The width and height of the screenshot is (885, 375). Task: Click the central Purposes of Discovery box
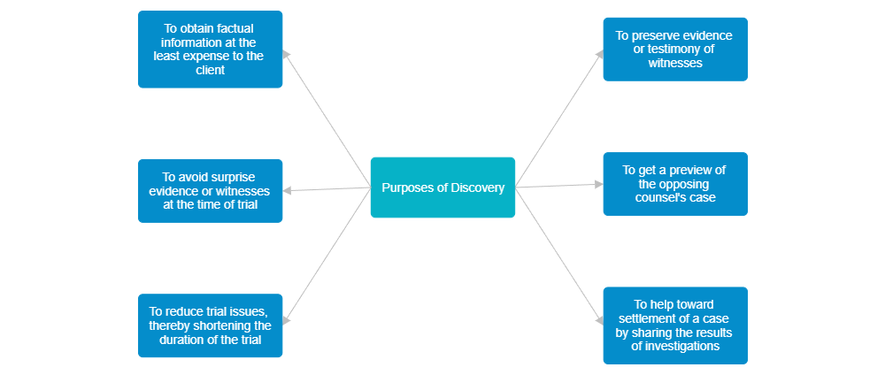coord(442,187)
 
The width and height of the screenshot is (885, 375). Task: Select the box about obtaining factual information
coord(210,50)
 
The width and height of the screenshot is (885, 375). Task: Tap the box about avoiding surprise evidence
coord(210,190)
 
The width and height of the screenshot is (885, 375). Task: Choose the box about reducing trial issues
coord(210,325)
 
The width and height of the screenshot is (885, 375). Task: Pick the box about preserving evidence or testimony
coord(675,50)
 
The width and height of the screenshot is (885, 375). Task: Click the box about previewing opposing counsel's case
coord(675,184)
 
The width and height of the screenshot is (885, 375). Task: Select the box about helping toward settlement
coord(675,325)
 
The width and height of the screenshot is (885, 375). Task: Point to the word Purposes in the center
coord(409,187)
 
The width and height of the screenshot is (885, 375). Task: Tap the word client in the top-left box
coord(210,70)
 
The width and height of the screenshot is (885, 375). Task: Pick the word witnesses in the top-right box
coord(675,64)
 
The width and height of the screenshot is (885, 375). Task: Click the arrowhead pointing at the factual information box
coord(287,54)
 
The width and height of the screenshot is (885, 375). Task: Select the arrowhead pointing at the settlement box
coord(599,322)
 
